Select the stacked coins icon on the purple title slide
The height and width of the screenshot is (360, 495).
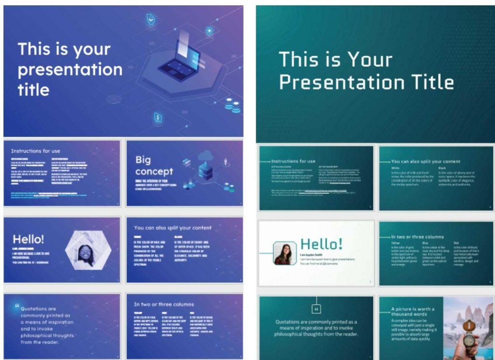[x=233, y=105]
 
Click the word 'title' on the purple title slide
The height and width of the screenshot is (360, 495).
[x=33, y=89]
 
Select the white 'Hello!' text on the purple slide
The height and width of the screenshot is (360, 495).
[x=28, y=239]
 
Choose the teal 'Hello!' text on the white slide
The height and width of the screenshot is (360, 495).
[x=321, y=244]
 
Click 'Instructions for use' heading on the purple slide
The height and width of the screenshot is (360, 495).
[x=36, y=151]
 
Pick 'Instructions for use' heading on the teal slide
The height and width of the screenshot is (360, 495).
[x=293, y=161]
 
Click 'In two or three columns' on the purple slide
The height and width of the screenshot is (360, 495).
[x=163, y=304]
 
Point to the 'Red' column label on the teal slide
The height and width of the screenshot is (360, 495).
[x=456, y=243]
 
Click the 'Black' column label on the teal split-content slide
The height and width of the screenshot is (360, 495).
[x=443, y=168]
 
